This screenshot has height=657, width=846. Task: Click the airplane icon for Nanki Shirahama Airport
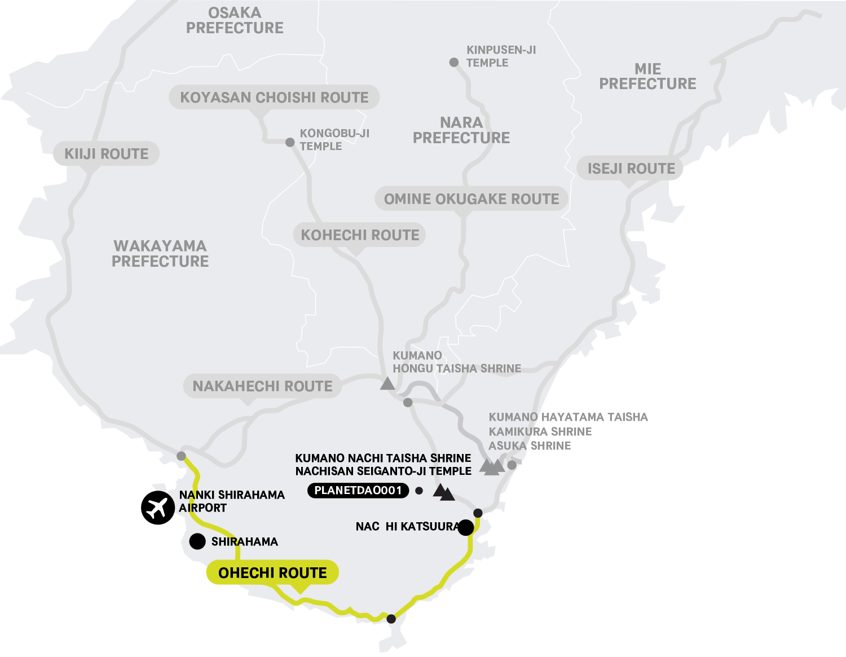157,508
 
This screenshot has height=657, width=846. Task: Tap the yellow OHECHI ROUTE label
272,573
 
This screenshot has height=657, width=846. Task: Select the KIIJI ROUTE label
106,154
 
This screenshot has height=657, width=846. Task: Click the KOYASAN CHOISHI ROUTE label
274,98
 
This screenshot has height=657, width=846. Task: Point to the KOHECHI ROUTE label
360,235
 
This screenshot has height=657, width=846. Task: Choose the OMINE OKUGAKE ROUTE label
471,199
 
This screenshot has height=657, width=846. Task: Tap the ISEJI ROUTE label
631,169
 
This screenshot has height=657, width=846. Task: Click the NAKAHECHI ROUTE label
262,386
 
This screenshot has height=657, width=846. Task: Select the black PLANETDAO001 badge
358,491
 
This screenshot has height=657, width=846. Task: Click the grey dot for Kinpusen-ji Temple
454,62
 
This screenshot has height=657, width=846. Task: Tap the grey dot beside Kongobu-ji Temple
290,142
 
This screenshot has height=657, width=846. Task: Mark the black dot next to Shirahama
197,541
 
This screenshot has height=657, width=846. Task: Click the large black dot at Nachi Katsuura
466,528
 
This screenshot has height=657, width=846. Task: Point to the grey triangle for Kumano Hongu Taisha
387,383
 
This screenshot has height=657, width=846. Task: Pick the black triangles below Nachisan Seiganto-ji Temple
444,492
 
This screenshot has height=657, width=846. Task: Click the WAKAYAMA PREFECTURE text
160,254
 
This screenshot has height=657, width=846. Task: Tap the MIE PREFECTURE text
647,77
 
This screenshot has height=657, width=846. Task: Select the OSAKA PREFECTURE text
235,20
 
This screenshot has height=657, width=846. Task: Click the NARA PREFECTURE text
461,130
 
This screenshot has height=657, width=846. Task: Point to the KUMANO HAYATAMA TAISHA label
568,417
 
